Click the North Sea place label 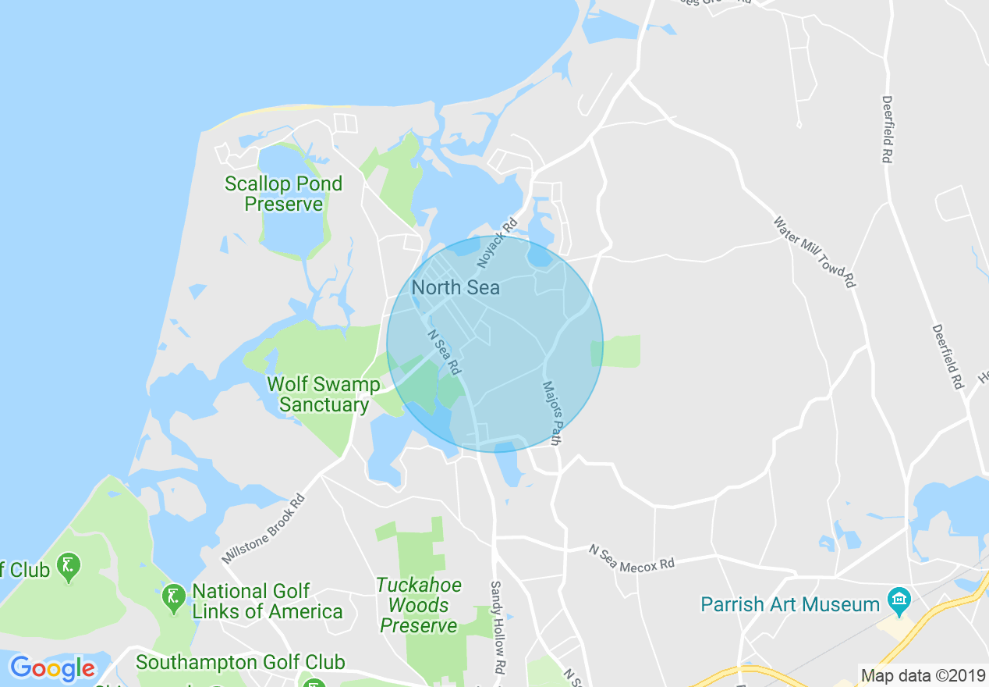(456, 287)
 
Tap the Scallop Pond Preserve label (284, 194)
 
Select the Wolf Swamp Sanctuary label (324, 394)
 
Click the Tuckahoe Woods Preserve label (420, 605)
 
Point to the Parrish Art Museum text (790, 604)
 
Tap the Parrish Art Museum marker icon (899, 600)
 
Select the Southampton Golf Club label (240, 663)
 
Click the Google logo (52, 668)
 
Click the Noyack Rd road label (498, 240)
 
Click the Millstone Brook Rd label (262, 528)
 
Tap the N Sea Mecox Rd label (632, 557)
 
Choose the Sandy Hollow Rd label (496, 628)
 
